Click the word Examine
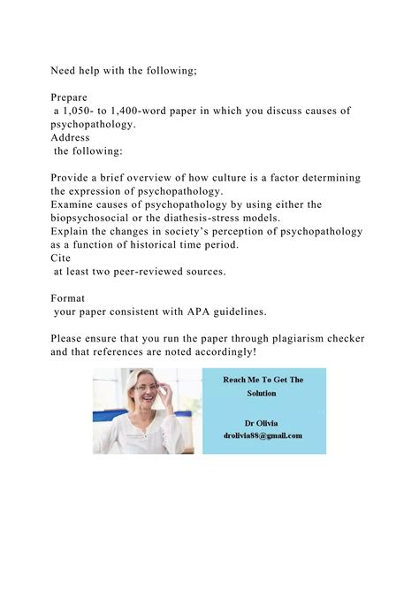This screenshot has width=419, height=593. (x=73, y=204)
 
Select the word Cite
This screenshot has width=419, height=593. (x=61, y=258)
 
